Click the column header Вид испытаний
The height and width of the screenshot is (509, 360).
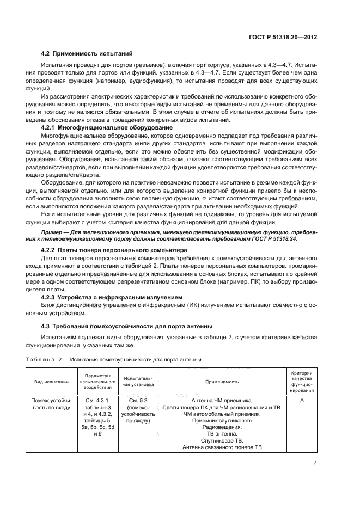click(x=57, y=382)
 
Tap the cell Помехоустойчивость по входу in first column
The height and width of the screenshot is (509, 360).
click(x=57, y=403)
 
